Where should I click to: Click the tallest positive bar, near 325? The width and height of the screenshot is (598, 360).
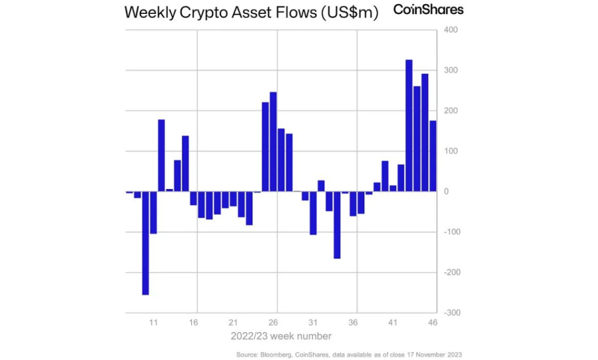coord(409,126)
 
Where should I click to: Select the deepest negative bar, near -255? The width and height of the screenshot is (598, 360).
coord(145,243)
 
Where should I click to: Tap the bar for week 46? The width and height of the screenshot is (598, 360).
coord(433,156)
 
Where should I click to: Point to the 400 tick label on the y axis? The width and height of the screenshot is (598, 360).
coord(450,31)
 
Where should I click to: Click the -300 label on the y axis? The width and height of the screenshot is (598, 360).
coord(451,313)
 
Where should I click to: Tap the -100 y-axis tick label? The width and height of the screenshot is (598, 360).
coord(451,232)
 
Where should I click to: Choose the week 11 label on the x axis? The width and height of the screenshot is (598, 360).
coord(154,322)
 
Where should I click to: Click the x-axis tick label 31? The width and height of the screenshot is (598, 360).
coord(314,322)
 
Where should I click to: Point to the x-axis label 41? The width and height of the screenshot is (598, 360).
coord(393,322)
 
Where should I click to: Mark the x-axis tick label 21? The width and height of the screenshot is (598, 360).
coord(234,322)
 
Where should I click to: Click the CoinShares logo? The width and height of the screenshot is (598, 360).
coord(428,10)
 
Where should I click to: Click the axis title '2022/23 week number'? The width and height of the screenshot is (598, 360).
coord(281,336)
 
